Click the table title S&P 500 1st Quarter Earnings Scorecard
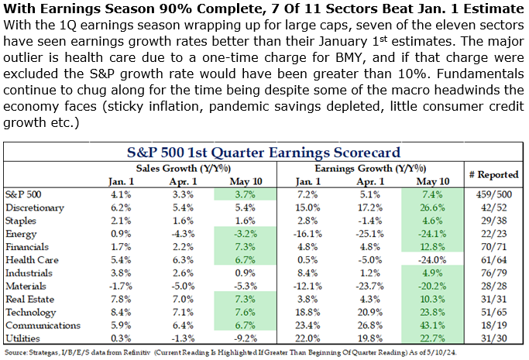pos(263,152)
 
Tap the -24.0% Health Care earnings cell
pos(431,259)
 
